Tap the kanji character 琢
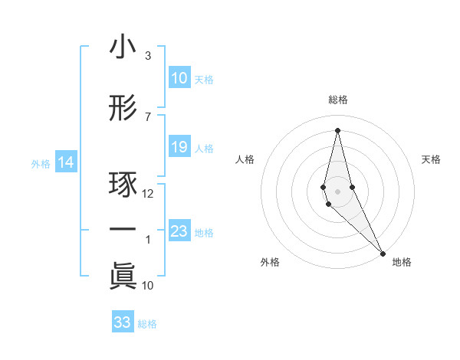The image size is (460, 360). (x=123, y=186)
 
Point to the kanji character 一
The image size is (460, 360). (x=123, y=231)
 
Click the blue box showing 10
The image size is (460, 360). (x=179, y=78)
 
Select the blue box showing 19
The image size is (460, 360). (x=179, y=147)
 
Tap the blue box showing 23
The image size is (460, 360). (x=179, y=231)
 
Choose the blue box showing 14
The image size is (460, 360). (x=66, y=162)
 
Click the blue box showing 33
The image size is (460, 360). (x=123, y=322)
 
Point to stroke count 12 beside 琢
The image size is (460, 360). (x=149, y=194)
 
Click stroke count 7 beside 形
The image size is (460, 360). (x=148, y=116)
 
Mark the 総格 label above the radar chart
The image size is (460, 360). (x=338, y=100)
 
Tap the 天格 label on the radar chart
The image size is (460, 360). (x=431, y=159)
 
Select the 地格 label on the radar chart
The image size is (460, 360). (x=402, y=262)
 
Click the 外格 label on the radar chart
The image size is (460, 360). (x=270, y=262)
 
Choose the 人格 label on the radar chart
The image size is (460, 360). (x=245, y=159)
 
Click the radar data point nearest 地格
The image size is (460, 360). (x=383, y=253)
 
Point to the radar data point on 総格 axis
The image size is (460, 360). (x=337, y=129)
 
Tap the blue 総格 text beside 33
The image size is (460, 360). (x=147, y=324)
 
